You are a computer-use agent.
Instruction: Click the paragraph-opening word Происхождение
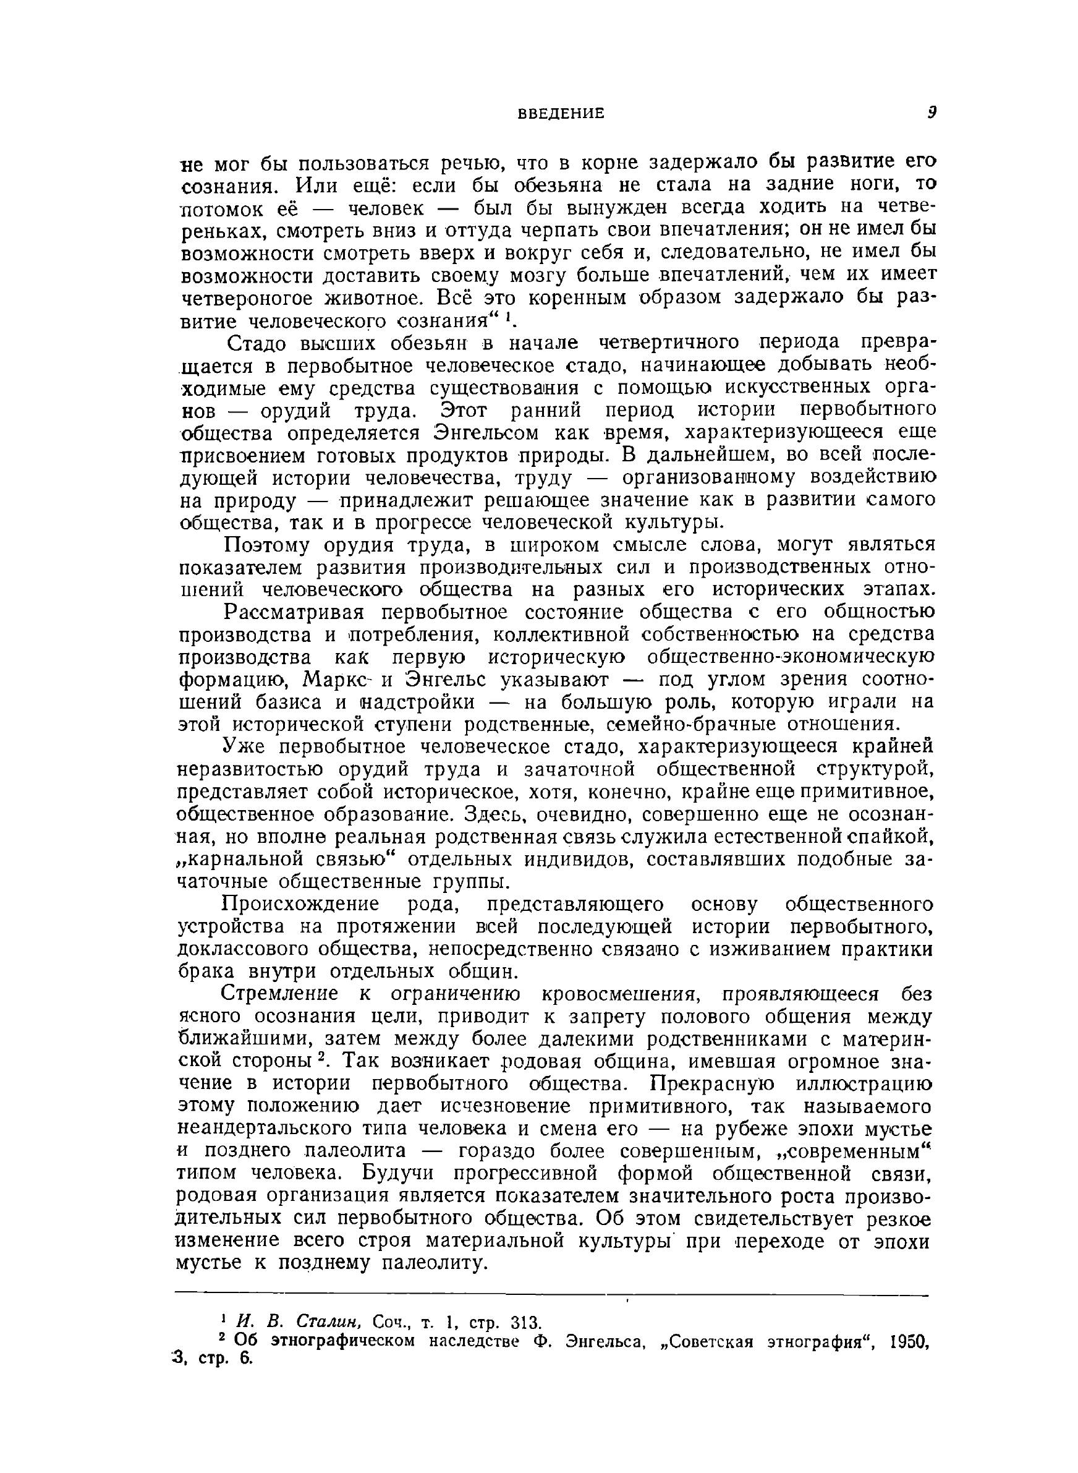pyautogui.click(x=292, y=905)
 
